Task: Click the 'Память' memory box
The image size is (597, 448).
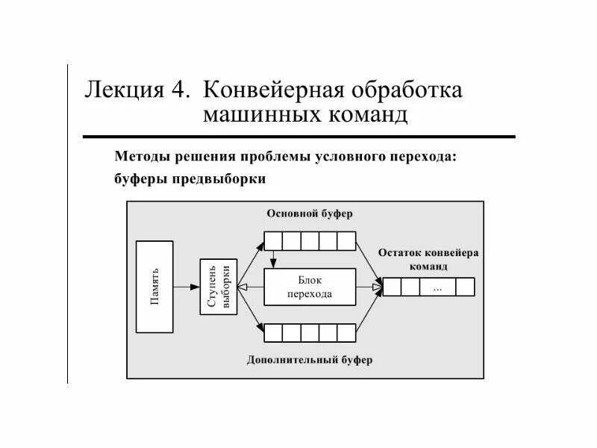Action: coord(154,287)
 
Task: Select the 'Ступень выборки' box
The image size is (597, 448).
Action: coord(219,287)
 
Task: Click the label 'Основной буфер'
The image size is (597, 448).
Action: coord(310,214)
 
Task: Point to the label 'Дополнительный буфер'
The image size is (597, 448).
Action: coord(310,360)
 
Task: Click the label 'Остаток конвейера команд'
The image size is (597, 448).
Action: coord(428,259)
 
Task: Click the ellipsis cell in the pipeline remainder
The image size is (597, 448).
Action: coord(437,287)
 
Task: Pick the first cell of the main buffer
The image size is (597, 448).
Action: coord(273,241)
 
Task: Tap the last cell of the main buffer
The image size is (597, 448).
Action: coord(347,241)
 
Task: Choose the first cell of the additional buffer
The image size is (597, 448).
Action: coord(273,332)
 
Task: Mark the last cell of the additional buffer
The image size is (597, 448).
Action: coord(347,332)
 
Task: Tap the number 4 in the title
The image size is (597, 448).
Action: coord(178,90)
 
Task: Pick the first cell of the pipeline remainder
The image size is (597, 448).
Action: coord(392,287)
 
